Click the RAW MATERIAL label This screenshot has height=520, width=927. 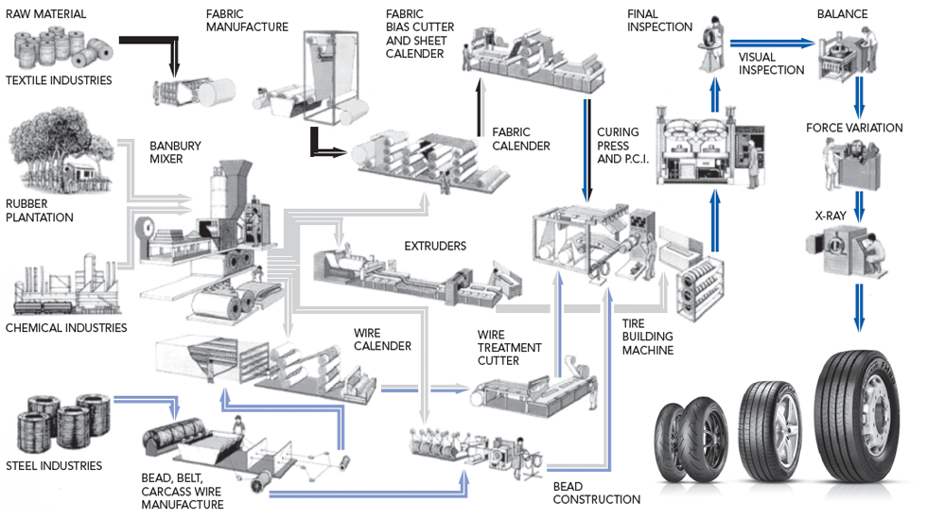[45, 14]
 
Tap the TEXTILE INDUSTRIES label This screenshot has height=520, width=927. [59, 81]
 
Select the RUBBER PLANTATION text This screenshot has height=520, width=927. [39, 211]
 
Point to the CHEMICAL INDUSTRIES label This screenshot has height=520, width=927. [66, 328]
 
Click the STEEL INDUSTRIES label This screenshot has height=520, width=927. [54, 466]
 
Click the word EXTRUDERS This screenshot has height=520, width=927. [435, 246]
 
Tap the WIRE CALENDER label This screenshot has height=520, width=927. [382, 339]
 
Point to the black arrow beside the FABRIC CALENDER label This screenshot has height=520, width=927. [480, 114]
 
